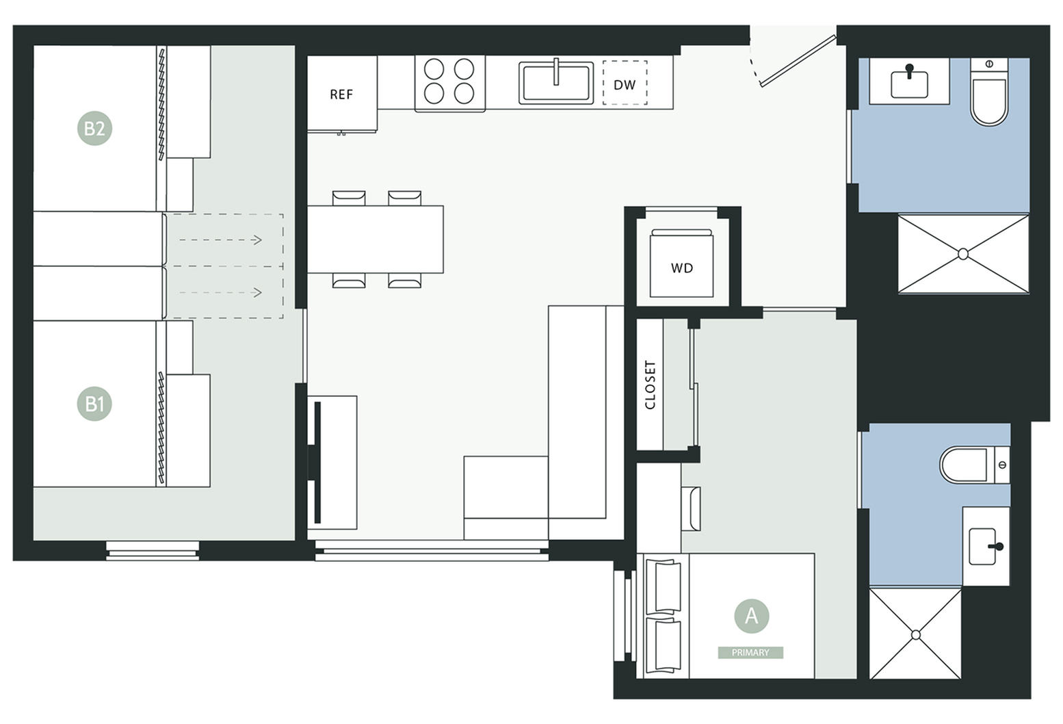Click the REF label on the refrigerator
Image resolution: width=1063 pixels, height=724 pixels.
tap(341, 94)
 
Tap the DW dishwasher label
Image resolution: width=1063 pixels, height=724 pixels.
tap(625, 85)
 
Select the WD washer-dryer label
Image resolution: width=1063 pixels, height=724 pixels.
tap(682, 268)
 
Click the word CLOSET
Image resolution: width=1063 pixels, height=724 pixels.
tap(650, 385)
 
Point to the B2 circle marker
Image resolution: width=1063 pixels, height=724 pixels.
tap(94, 128)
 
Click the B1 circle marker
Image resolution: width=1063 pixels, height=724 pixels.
tap(94, 404)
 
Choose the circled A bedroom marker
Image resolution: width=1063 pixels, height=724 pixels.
tap(752, 616)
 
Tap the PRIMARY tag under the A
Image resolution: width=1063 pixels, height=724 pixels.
tap(750, 652)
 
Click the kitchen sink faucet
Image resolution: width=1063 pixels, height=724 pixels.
tap(555, 71)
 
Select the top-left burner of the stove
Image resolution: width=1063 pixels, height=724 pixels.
tap(434, 69)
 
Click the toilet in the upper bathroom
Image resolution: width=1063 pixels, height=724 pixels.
tap(989, 92)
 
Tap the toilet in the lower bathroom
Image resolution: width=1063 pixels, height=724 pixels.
tap(975, 465)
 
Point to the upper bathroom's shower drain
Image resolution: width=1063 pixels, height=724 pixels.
tap(963, 254)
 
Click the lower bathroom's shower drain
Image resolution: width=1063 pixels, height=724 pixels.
tap(916, 635)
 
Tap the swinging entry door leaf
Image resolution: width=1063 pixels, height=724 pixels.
tap(798, 61)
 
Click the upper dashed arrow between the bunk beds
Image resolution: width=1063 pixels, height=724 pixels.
tap(221, 240)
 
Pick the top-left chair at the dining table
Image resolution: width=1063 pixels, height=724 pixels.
tap(349, 198)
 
